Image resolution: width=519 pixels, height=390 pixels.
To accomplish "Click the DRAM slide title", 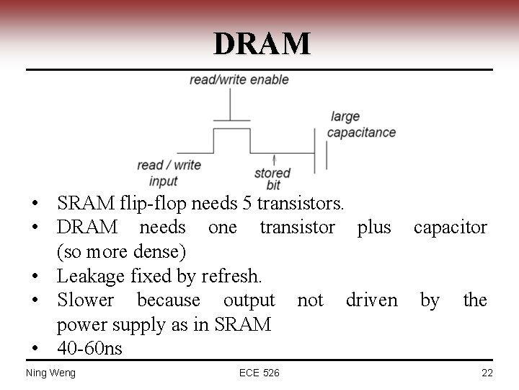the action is (x=262, y=44).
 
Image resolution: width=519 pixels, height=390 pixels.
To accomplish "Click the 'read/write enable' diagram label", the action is (x=239, y=79).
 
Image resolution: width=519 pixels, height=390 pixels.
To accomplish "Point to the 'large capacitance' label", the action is (x=361, y=125).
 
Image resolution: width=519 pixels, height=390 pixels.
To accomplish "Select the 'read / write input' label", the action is (x=169, y=173).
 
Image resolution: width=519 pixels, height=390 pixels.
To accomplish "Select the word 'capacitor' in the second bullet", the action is (x=450, y=227).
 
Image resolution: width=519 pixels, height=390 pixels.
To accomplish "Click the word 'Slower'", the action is (x=85, y=300).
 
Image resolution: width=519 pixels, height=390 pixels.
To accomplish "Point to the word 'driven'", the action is (x=371, y=300).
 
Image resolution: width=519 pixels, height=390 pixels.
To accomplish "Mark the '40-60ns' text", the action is (x=90, y=349).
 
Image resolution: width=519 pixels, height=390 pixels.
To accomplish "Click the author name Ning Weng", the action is (x=50, y=373).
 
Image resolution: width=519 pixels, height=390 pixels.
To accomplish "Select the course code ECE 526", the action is (x=259, y=373).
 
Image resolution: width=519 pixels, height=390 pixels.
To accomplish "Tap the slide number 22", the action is (x=486, y=373).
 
